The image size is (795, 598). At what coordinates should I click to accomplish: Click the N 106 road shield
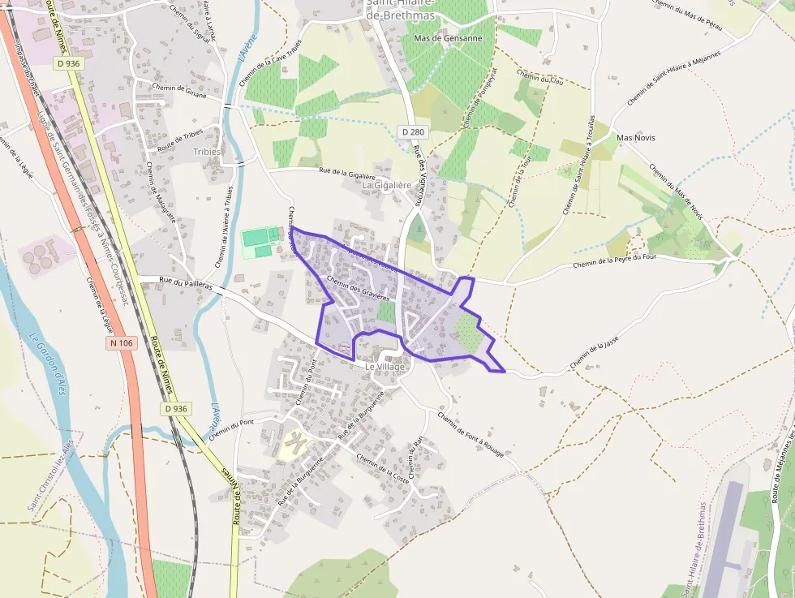pyautogui.click(x=119, y=343)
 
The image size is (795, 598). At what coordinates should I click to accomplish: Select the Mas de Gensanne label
pyautogui.click(x=448, y=38)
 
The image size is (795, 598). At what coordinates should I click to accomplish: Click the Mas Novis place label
pyautogui.click(x=636, y=138)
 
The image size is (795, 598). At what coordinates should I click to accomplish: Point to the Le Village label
pyautogui.click(x=385, y=367)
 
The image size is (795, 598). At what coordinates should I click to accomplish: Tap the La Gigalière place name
pyautogui.click(x=388, y=185)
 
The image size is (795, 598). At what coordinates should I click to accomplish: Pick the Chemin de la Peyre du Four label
pyautogui.click(x=613, y=260)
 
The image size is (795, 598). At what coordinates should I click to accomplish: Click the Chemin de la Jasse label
pyautogui.click(x=599, y=355)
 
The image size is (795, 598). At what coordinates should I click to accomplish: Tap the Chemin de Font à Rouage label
pyautogui.click(x=470, y=434)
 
